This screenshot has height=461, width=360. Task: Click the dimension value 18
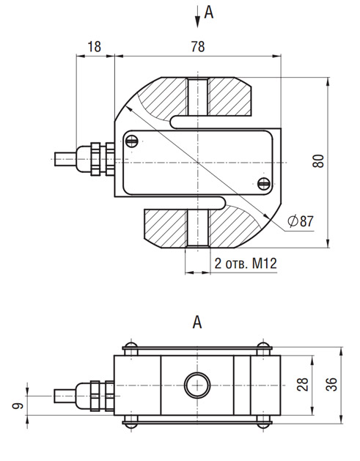click(94, 47)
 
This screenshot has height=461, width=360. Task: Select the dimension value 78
click(198, 47)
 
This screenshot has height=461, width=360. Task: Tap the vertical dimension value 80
click(318, 161)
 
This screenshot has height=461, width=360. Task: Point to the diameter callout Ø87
click(301, 221)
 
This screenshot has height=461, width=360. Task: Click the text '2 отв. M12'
click(246, 263)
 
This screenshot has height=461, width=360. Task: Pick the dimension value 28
click(303, 384)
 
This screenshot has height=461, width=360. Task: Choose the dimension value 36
click(331, 384)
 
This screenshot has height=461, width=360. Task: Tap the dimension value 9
click(18, 406)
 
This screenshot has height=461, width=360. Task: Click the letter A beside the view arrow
click(208, 12)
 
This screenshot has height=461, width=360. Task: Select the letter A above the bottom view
click(197, 322)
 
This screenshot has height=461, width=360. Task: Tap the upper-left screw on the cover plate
click(132, 141)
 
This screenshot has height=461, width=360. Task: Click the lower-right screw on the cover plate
click(263, 184)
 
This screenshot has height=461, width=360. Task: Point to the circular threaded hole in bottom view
click(197, 386)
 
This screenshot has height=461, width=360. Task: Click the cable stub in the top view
click(65, 159)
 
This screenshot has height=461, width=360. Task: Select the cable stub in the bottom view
click(65, 396)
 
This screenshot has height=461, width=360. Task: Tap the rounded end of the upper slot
click(173, 122)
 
